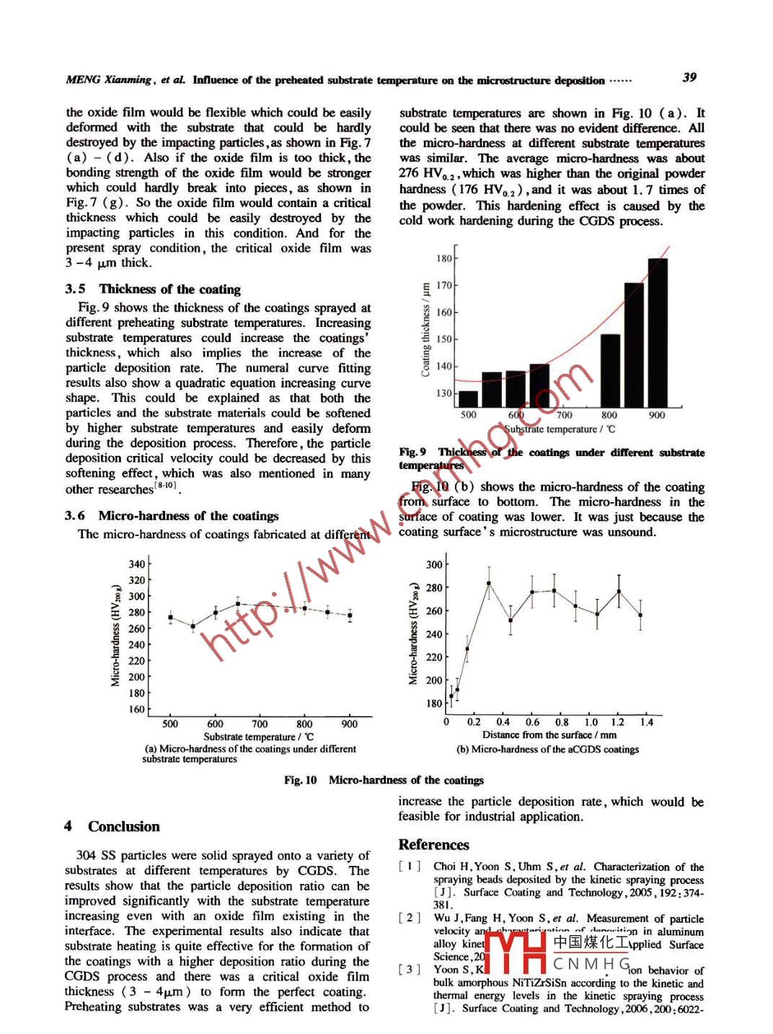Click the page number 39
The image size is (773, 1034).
(689, 77)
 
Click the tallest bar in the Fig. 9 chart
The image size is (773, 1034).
(657, 332)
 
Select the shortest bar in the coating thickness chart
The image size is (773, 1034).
(469, 399)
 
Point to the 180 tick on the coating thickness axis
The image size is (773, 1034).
(443, 258)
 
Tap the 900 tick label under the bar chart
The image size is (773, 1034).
(657, 415)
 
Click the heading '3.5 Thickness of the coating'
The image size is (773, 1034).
(153, 289)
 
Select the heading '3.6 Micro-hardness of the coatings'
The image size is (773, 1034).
(172, 516)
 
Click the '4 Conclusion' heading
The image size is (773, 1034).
(112, 826)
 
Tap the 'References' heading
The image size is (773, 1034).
(433, 845)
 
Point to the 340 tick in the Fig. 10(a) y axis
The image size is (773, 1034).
(137, 564)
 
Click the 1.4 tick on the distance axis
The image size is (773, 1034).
(646, 722)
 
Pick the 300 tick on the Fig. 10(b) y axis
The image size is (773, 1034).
(434, 565)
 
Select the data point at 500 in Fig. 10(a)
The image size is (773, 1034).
(170, 618)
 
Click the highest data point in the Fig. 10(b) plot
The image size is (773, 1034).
(489, 583)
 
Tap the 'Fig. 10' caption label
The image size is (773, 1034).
(300, 780)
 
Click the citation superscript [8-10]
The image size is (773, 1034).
(166, 486)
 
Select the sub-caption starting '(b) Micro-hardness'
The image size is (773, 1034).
(547, 749)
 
